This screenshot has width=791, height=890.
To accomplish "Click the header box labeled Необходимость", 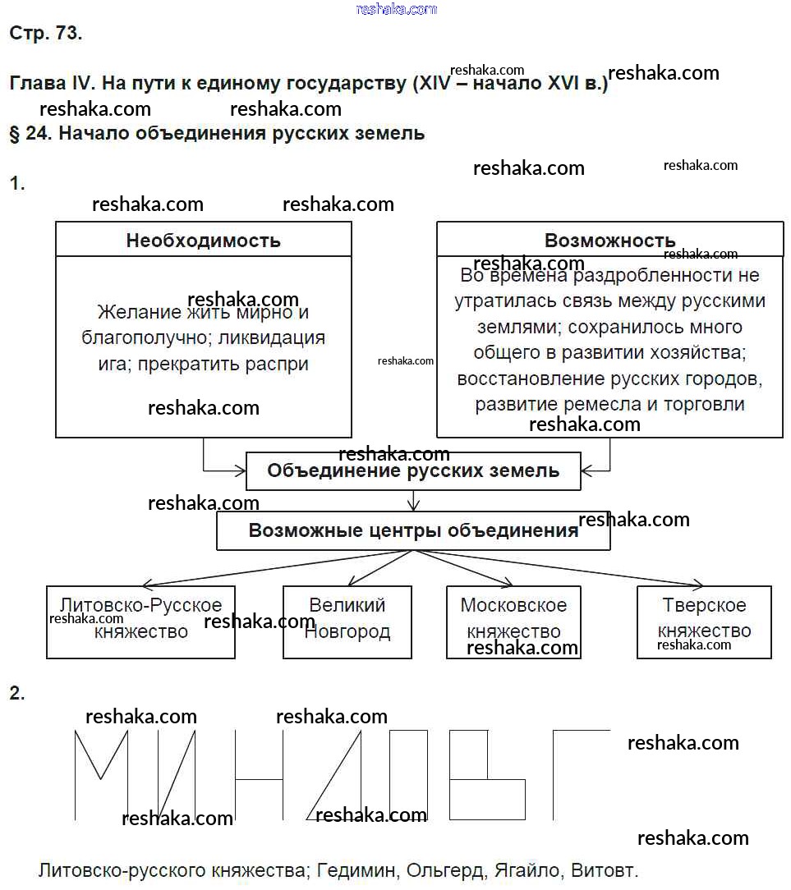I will pyautogui.click(x=203, y=240).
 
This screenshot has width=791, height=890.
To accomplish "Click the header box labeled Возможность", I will pyautogui.click(x=609, y=240).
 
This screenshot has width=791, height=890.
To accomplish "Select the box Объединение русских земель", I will pyautogui.click(x=413, y=470).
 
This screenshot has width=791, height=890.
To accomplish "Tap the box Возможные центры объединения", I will pyautogui.click(x=413, y=530).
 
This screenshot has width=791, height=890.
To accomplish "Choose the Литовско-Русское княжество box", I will pyautogui.click(x=140, y=622).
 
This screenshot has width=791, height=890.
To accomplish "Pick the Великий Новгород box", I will pyautogui.click(x=347, y=622).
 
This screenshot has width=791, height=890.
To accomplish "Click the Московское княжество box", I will pyautogui.click(x=513, y=622).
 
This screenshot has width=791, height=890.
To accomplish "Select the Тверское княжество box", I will pyautogui.click(x=704, y=622).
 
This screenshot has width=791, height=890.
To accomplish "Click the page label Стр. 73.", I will pyautogui.click(x=45, y=34).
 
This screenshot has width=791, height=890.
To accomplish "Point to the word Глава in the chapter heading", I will pyautogui.click(x=36, y=84).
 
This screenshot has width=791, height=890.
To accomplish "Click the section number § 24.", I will pyautogui.click(x=30, y=134).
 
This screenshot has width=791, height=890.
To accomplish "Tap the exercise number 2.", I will pyautogui.click(x=16, y=694).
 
